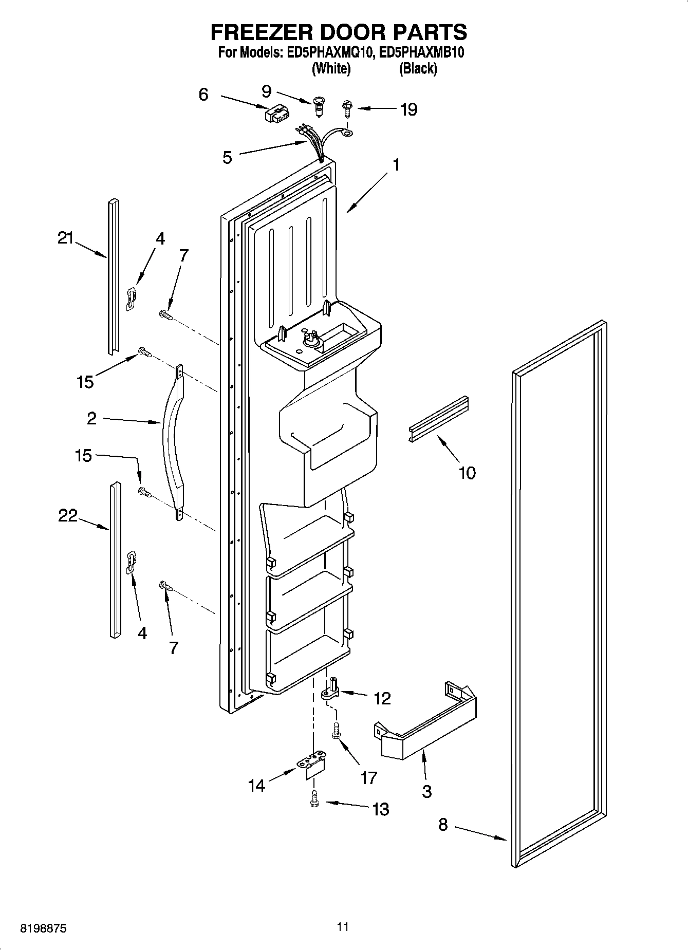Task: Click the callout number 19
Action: coord(408,109)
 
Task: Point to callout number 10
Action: coord(467,473)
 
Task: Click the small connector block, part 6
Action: coord(276,114)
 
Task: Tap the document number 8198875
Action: coord(43,928)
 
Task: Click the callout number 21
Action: coord(65,238)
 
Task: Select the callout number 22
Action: coord(67,515)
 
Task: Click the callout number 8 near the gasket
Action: coord(443,825)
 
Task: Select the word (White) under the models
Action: coord(331,68)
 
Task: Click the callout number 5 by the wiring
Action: coord(227,157)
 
